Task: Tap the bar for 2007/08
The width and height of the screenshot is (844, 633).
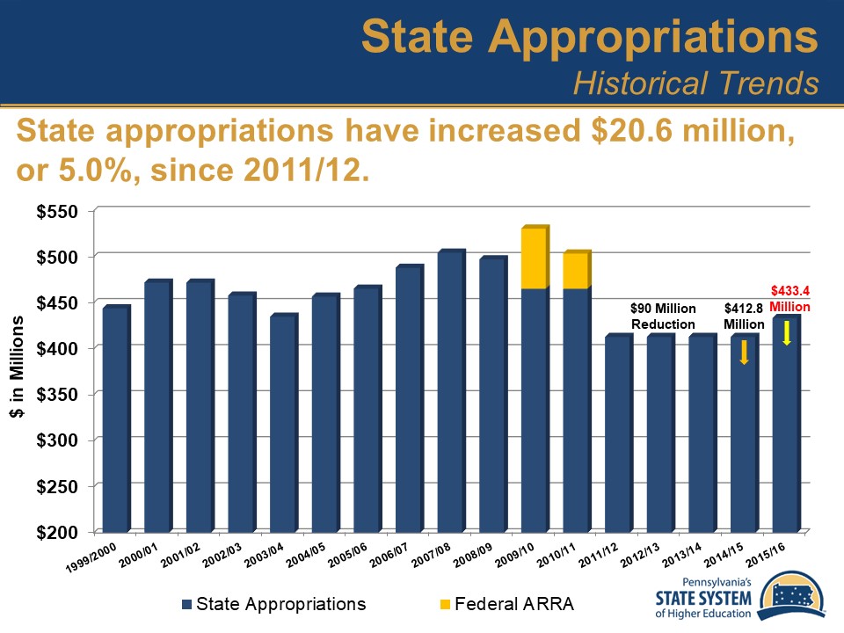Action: [x=451, y=391]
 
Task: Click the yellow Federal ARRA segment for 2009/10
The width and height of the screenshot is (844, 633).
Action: [x=535, y=258]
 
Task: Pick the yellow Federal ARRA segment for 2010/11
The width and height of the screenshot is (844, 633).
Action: [x=576, y=271]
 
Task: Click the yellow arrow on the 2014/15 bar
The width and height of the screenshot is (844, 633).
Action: [x=744, y=353]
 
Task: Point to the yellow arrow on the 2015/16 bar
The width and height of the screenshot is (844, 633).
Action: [x=787, y=332]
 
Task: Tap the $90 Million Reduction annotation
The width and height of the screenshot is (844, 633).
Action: [x=663, y=316]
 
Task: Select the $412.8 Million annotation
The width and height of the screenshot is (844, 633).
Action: [x=744, y=316]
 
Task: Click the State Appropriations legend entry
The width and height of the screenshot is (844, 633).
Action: [x=273, y=604]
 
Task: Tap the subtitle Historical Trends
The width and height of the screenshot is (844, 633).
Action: [x=695, y=83]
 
